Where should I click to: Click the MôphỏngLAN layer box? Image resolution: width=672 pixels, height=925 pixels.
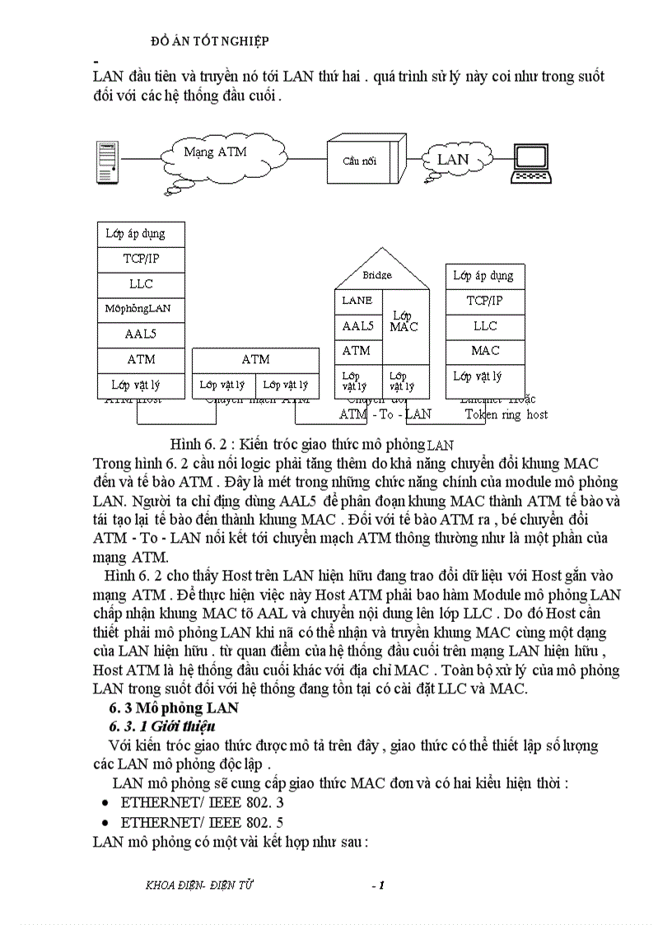click(138, 309)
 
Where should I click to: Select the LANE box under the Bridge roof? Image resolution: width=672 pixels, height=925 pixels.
click(357, 301)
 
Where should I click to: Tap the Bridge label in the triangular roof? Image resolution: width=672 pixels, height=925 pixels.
click(377, 275)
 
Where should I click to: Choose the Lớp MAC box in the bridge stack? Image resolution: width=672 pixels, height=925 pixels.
click(404, 322)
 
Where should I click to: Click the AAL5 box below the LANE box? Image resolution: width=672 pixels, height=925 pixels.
click(357, 326)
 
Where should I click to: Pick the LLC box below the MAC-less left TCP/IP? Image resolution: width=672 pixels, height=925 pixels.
click(141, 283)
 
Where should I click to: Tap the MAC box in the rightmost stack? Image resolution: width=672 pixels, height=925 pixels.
click(485, 351)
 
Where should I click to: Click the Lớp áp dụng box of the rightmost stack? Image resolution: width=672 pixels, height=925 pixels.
click(485, 276)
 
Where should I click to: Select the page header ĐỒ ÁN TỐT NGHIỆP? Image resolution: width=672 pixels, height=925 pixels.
click(212, 40)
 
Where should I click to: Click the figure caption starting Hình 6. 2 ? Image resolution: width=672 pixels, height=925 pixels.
click(311, 441)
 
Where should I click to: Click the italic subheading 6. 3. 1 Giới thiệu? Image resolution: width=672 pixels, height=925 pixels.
click(163, 726)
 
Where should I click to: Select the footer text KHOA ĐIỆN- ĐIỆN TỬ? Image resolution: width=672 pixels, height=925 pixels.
click(199, 885)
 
